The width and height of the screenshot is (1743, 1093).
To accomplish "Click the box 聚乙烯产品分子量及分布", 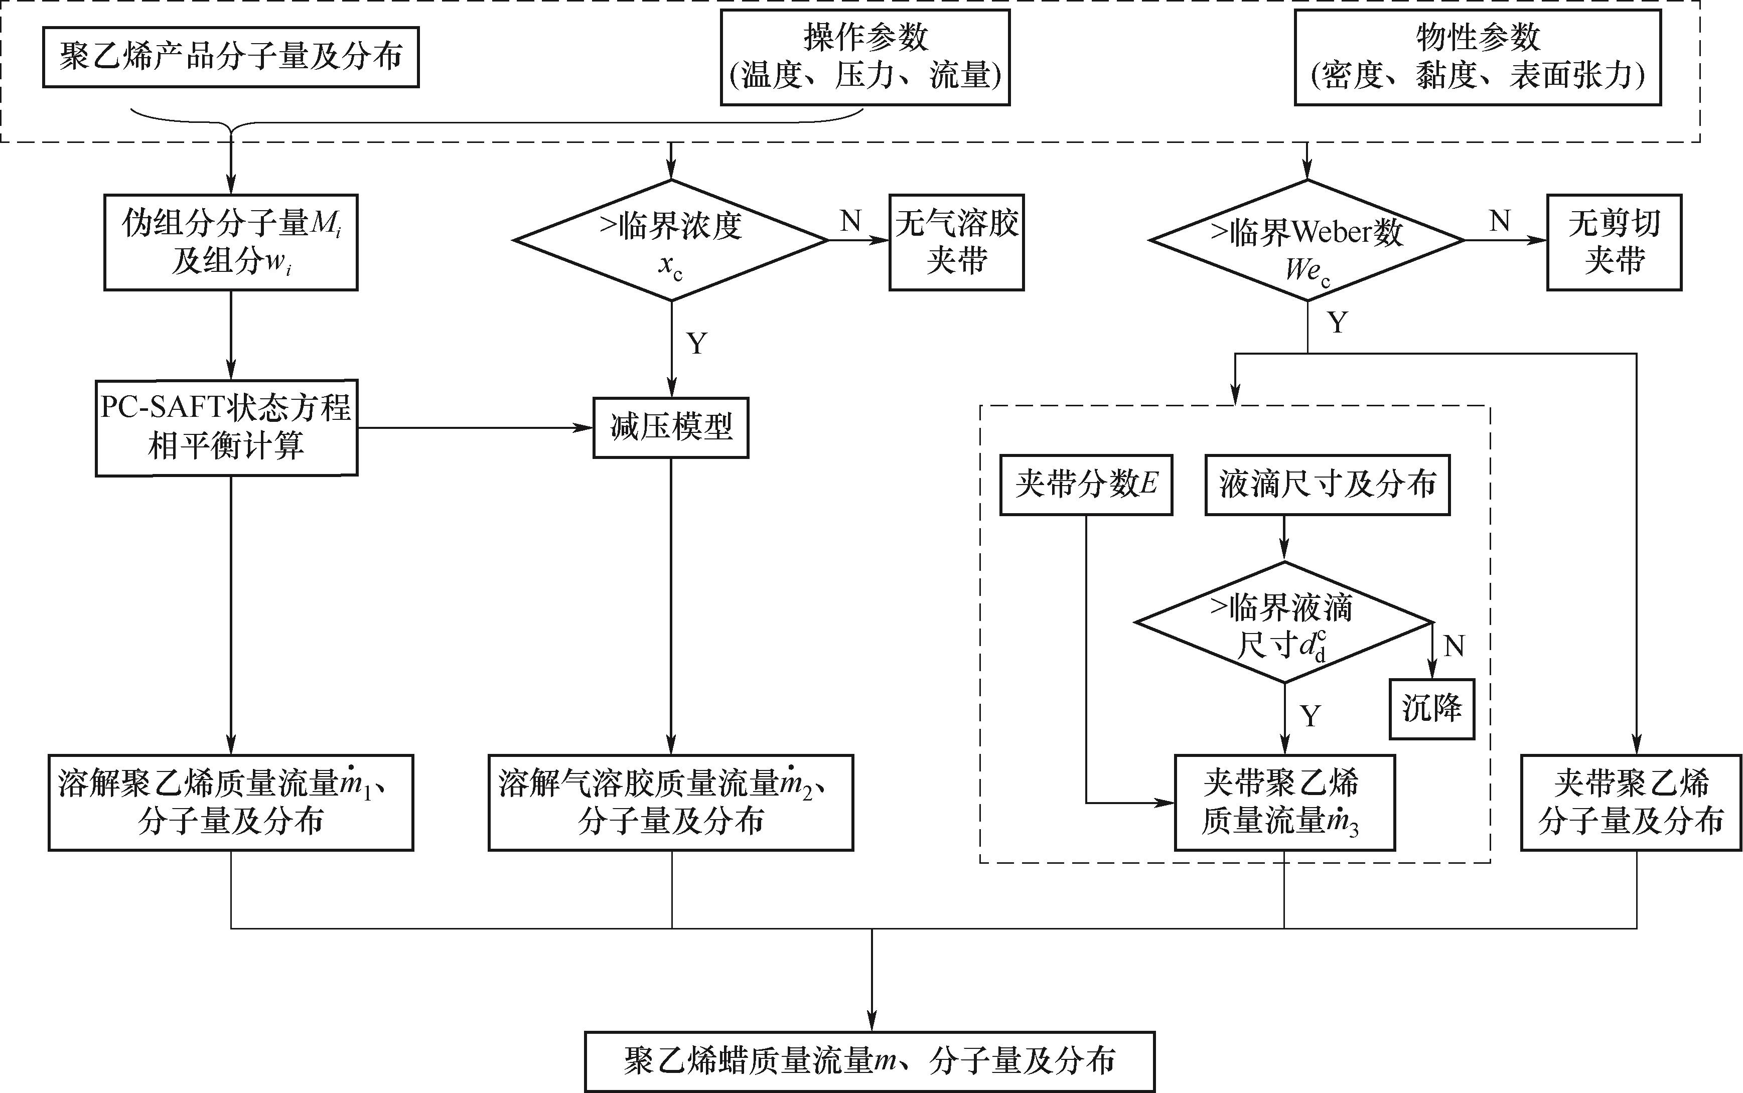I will (231, 57).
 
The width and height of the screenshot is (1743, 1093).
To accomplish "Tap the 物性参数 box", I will (1477, 58).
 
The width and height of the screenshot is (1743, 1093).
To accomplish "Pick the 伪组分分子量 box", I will (231, 242).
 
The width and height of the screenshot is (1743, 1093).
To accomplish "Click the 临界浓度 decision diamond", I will (671, 240).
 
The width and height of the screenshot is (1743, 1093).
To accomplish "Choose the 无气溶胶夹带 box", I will (956, 242).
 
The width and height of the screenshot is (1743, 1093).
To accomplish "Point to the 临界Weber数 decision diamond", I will (1307, 240).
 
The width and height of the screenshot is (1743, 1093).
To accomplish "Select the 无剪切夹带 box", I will (1614, 242).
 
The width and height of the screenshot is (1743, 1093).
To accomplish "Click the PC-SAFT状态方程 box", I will (226, 427).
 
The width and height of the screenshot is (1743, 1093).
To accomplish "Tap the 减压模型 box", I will (671, 427).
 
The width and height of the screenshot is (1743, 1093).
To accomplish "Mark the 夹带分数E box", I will (1086, 485).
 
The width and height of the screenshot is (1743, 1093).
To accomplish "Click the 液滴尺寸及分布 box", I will (1327, 485).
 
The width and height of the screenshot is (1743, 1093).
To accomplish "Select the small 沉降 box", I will (1431, 708).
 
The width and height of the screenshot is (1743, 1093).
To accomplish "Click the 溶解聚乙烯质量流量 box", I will (231, 803).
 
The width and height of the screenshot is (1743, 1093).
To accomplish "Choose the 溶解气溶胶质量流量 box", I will (671, 803).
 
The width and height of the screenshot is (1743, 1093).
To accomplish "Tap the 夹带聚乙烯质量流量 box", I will (1284, 803).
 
